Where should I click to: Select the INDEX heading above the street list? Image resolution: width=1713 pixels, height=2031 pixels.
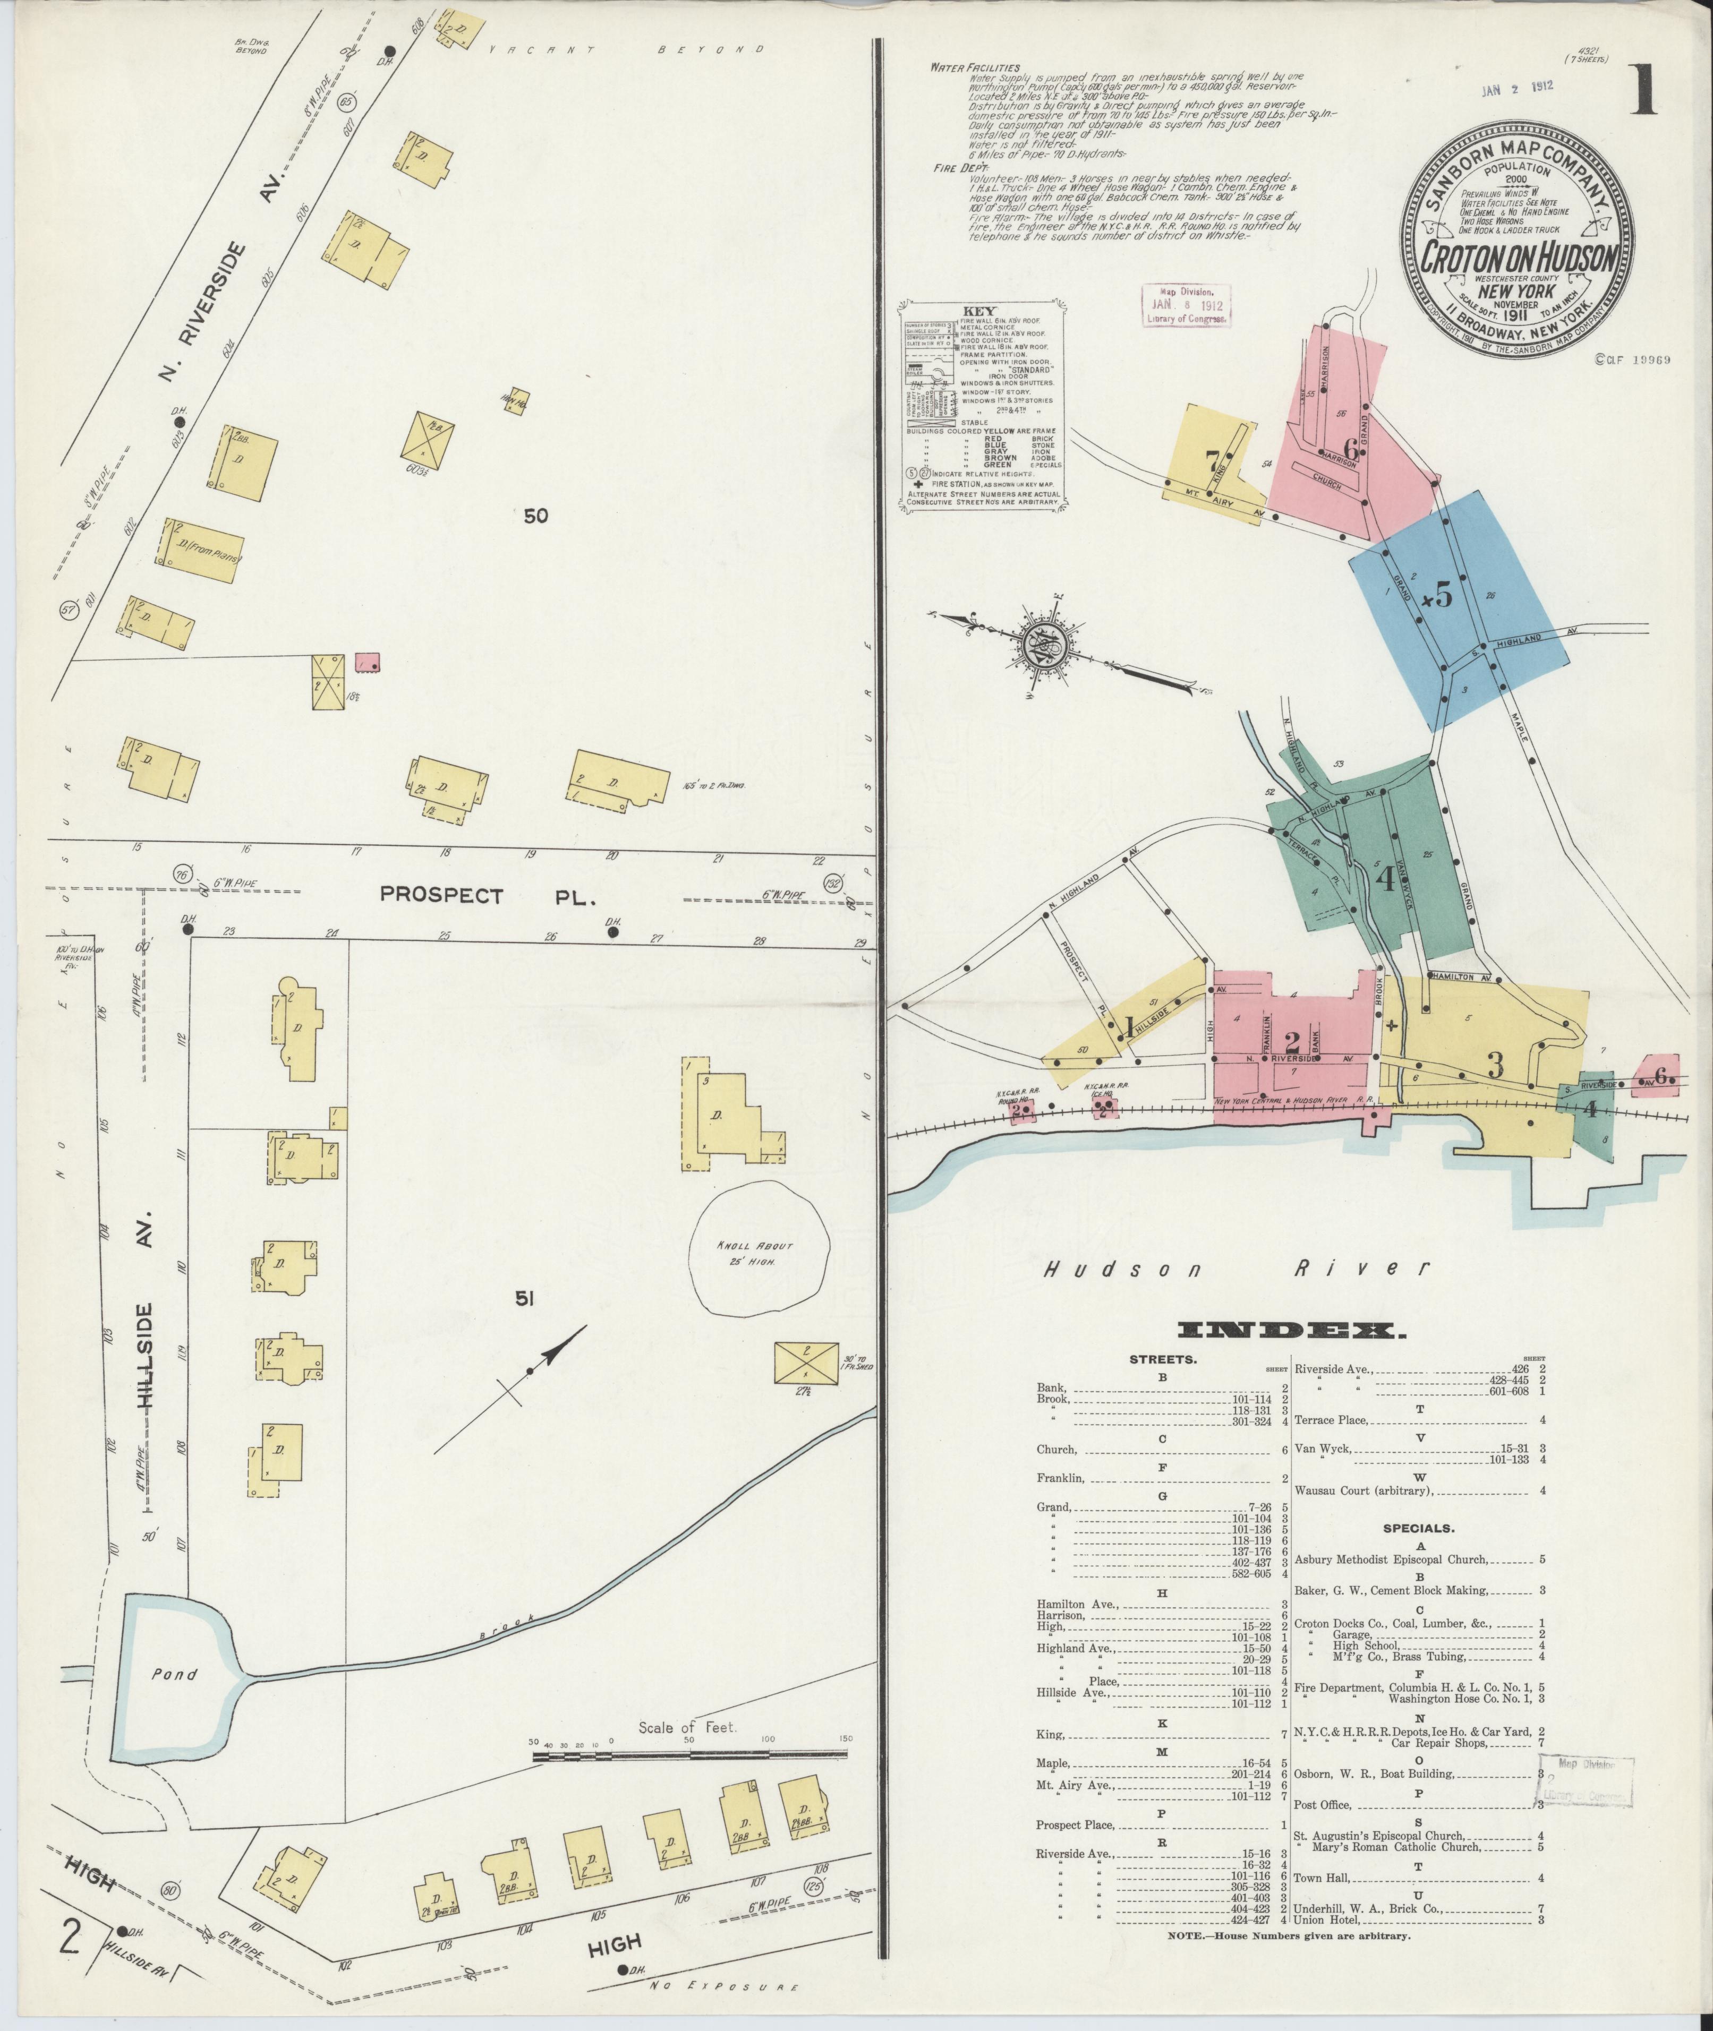click(1291, 1331)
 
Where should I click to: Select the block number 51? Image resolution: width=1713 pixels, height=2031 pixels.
click(525, 1298)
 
